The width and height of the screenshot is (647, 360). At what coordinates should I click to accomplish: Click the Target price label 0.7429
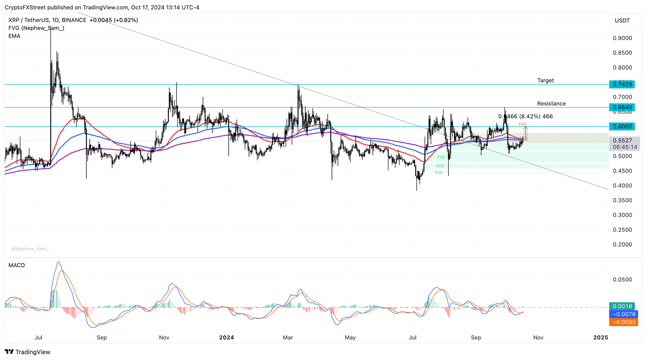[x=623, y=84]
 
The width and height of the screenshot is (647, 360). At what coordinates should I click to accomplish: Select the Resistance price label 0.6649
[x=623, y=107]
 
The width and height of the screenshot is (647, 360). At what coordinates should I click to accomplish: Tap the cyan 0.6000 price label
[x=623, y=126]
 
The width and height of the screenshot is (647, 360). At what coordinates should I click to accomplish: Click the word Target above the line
[x=545, y=81]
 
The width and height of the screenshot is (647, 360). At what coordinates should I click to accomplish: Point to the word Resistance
[x=551, y=104]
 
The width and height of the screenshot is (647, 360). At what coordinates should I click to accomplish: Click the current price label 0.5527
[x=623, y=141]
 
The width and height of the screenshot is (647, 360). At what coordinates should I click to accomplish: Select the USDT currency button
[x=622, y=21]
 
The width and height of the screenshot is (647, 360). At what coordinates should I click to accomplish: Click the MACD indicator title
[x=16, y=265]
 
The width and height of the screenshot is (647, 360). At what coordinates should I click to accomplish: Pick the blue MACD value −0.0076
[x=623, y=314]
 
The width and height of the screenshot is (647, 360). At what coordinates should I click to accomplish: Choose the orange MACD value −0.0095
[x=623, y=322]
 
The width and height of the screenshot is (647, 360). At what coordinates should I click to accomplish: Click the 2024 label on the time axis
[x=227, y=338]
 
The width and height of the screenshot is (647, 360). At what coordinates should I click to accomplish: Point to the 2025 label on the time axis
[x=600, y=338]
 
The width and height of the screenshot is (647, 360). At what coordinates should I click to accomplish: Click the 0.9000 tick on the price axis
[x=622, y=38]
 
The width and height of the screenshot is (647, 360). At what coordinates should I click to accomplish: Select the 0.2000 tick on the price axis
[x=622, y=244]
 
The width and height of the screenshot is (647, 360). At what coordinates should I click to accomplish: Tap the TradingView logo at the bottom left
[x=27, y=352]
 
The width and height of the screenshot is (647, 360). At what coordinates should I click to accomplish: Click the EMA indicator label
[x=14, y=36]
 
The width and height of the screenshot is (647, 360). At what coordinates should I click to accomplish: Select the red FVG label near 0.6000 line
[x=522, y=124]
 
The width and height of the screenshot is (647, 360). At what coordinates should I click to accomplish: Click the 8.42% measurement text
[x=530, y=116]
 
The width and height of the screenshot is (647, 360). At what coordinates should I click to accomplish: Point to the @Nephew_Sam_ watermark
[x=29, y=249]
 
